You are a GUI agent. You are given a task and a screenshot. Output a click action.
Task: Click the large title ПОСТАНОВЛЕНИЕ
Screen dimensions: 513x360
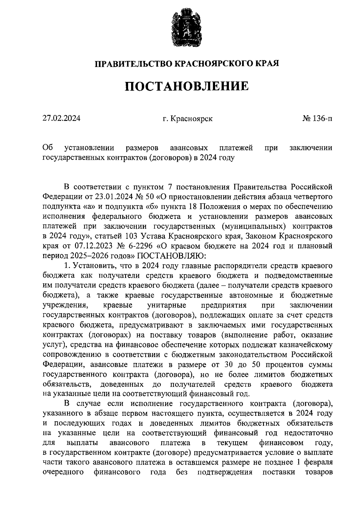click(x=187, y=87)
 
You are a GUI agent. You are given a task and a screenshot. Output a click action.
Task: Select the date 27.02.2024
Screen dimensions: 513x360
click(x=61, y=118)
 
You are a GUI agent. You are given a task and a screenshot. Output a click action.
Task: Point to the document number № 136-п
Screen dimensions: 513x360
click(x=317, y=118)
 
